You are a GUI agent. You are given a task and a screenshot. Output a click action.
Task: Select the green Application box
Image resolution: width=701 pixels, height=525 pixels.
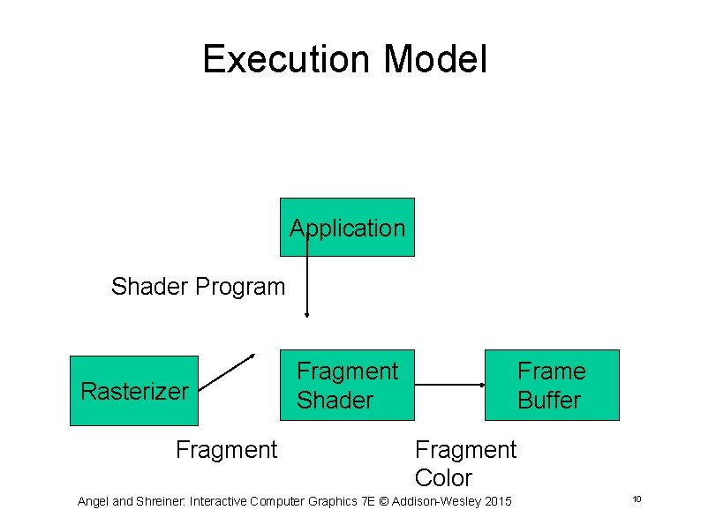pos(347,228)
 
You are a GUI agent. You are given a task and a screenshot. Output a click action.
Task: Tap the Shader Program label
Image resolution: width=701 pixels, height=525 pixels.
pos(199,287)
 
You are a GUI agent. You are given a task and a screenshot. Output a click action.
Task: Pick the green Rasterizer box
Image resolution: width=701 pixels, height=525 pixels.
pos(134,391)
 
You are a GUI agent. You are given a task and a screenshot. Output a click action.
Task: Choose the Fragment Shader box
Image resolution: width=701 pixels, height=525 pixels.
pos(347,386)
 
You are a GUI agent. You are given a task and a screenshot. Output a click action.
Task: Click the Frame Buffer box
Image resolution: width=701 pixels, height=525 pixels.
pos(552,386)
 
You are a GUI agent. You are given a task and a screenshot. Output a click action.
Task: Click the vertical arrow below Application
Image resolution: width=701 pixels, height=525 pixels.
pos(307,282)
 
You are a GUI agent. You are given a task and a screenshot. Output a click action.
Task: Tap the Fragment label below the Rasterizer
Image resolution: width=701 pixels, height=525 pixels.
pos(226,450)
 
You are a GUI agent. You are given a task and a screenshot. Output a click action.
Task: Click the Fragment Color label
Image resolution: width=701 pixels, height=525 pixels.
pos(465,463)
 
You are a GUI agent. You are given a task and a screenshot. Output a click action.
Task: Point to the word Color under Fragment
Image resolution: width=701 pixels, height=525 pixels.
pos(443,478)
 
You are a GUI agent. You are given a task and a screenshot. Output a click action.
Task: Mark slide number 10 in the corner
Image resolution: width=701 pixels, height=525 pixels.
pos(637,500)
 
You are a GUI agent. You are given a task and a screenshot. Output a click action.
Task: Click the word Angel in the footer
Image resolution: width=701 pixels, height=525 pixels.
pos(94,501)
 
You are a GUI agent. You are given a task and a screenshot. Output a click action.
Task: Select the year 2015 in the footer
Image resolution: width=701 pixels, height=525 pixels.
pos(498,501)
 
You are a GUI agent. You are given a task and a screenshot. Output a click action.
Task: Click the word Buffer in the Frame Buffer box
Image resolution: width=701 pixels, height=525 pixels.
pos(549,400)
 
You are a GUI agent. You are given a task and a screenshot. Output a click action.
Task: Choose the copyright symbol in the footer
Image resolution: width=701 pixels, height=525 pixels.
pos(380,501)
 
